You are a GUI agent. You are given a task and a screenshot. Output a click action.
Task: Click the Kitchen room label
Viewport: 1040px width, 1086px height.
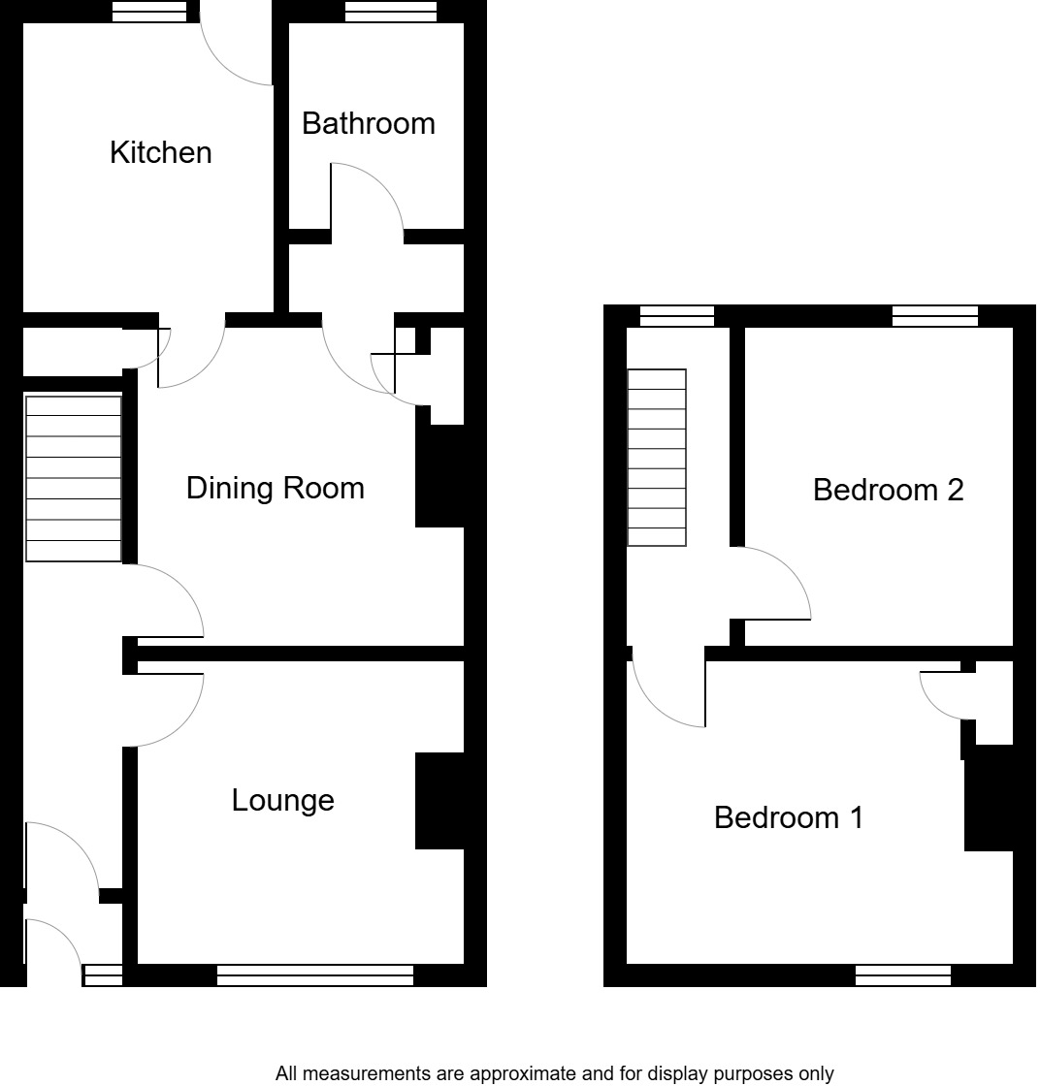pyautogui.click(x=160, y=152)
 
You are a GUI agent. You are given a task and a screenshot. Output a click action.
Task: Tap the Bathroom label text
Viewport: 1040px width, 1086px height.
pyautogui.click(x=369, y=123)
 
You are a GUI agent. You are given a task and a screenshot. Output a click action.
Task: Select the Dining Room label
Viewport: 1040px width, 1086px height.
pyautogui.click(x=275, y=487)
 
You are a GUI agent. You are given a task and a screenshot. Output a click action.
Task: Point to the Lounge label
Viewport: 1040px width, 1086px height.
pyautogui.click(x=282, y=800)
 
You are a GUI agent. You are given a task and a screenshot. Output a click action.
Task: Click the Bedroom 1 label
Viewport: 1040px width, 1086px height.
pyautogui.click(x=788, y=817)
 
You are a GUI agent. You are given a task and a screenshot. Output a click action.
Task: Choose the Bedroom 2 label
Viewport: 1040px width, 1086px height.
pyautogui.click(x=888, y=490)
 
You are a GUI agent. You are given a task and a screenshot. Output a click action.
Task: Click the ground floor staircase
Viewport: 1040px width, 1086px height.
pyautogui.click(x=74, y=478)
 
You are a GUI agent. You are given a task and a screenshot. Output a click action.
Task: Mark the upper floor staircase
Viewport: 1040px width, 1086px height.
pyautogui.click(x=657, y=458)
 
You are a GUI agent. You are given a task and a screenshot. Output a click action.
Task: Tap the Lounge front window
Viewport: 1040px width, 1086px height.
pyautogui.click(x=315, y=975)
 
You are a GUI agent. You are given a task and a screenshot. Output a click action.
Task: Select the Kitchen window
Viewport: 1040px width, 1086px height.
pyautogui.click(x=149, y=12)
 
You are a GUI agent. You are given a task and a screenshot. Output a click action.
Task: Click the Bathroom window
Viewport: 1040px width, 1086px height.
pyautogui.click(x=390, y=12)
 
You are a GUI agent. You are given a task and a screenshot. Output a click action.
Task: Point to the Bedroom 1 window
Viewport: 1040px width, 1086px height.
pyautogui.click(x=902, y=975)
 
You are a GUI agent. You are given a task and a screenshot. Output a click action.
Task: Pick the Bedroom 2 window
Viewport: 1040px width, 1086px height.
pyautogui.click(x=934, y=315)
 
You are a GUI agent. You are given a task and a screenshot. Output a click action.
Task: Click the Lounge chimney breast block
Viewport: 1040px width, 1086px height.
pyautogui.click(x=440, y=801)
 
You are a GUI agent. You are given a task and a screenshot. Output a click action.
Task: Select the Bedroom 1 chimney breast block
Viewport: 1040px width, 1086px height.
pyautogui.click(x=989, y=798)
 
